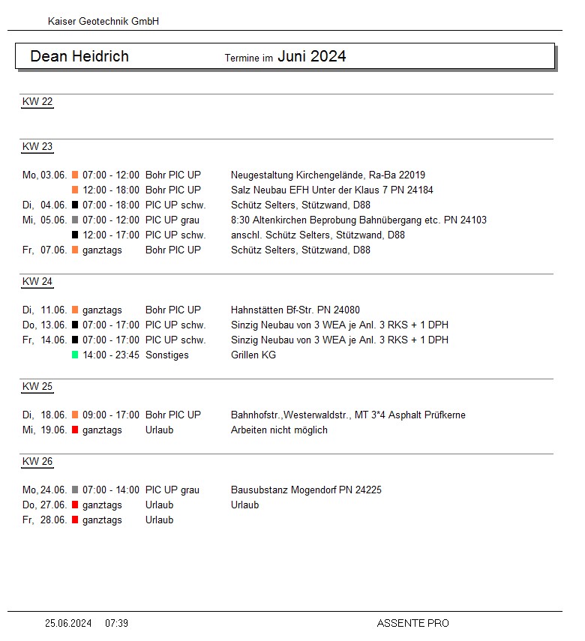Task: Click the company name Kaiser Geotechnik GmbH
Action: click(103, 22)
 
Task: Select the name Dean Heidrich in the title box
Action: click(79, 56)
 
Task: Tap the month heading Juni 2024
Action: click(312, 56)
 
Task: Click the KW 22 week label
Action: click(37, 102)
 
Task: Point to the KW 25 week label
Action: click(37, 387)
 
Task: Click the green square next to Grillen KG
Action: click(75, 355)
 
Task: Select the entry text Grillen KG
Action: click(253, 355)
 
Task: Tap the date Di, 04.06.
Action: click(45, 205)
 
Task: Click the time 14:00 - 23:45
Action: click(111, 355)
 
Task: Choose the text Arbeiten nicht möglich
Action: click(279, 430)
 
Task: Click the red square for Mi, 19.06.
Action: click(75, 430)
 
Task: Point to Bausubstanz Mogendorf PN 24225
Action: click(306, 490)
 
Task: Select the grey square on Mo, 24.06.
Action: click(75, 490)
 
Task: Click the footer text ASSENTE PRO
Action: click(412, 623)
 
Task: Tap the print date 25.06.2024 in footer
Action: click(68, 623)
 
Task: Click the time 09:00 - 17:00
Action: click(111, 415)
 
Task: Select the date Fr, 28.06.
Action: click(45, 520)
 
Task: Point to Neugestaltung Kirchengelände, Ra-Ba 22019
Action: click(328, 175)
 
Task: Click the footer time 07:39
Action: click(116, 623)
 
